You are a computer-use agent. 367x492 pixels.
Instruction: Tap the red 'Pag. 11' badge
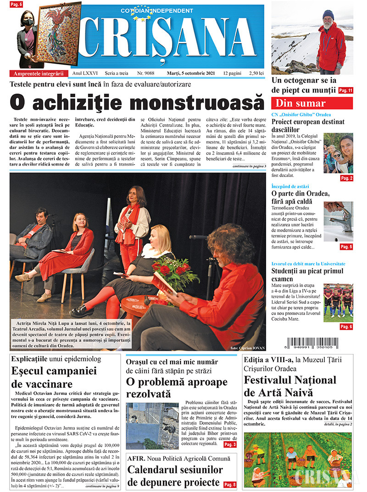tap(345, 91)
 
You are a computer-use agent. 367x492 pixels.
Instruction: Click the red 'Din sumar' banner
tap(312, 103)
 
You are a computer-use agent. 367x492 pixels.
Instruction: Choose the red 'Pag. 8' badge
tap(230, 484)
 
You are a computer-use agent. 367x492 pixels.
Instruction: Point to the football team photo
tap(338, 301)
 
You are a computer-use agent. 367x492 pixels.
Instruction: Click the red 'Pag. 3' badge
tap(230, 444)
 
